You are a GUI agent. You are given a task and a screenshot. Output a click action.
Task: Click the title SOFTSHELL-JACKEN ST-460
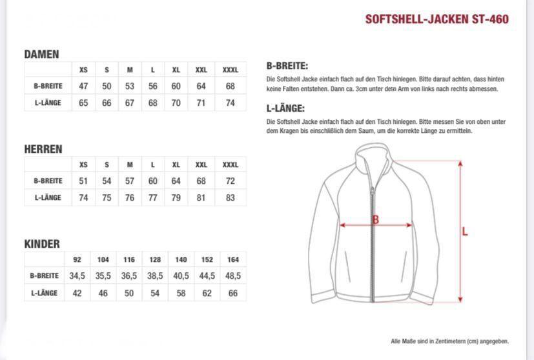(x=436, y=19)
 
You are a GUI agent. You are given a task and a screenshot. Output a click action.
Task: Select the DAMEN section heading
(x=41, y=55)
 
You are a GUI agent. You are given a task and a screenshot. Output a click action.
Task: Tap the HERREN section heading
(x=43, y=149)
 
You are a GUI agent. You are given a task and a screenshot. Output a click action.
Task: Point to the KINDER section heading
(x=42, y=244)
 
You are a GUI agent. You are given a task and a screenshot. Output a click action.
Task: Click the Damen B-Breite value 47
(x=83, y=86)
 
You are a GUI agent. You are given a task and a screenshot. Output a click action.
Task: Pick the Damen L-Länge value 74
(x=231, y=103)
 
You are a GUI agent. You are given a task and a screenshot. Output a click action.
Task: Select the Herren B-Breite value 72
(x=231, y=181)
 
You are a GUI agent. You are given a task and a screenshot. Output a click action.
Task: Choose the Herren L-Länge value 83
(x=231, y=197)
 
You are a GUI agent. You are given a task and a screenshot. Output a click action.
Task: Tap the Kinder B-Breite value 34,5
(x=77, y=275)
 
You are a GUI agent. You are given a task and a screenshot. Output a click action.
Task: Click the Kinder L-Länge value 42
(x=77, y=293)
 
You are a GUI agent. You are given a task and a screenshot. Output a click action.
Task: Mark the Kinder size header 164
(x=233, y=259)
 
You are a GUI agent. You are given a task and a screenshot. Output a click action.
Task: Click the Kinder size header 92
(x=77, y=259)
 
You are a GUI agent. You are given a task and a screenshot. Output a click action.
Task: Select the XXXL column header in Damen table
(x=231, y=70)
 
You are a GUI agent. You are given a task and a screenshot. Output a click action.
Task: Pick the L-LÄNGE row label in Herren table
(x=48, y=197)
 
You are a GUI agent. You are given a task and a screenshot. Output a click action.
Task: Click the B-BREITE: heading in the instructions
(x=287, y=66)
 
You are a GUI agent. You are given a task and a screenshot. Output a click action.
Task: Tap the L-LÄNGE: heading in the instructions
(x=285, y=108)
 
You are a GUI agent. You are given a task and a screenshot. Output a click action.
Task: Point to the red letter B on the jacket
(x=375, y=220)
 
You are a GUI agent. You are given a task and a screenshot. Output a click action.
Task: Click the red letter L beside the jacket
(x=464, y=232)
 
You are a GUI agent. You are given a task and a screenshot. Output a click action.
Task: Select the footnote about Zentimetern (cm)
(x=449, y=341)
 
